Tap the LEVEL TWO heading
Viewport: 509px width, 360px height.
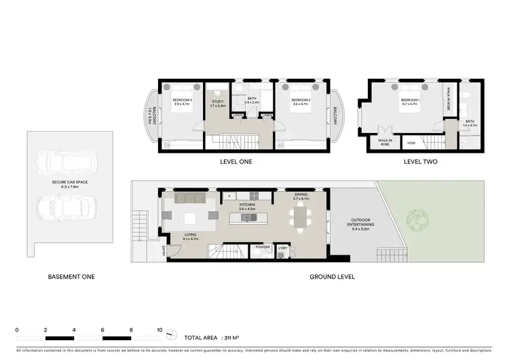(420, 162)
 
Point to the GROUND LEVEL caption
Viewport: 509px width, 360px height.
(333, 276)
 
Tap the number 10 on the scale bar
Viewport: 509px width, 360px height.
(159, 329)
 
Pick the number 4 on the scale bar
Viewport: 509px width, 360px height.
(74, 329)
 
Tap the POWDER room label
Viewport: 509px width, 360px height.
(263, 247)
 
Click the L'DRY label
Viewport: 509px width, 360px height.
(283, 247)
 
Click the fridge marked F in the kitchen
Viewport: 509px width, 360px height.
(230, 197)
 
